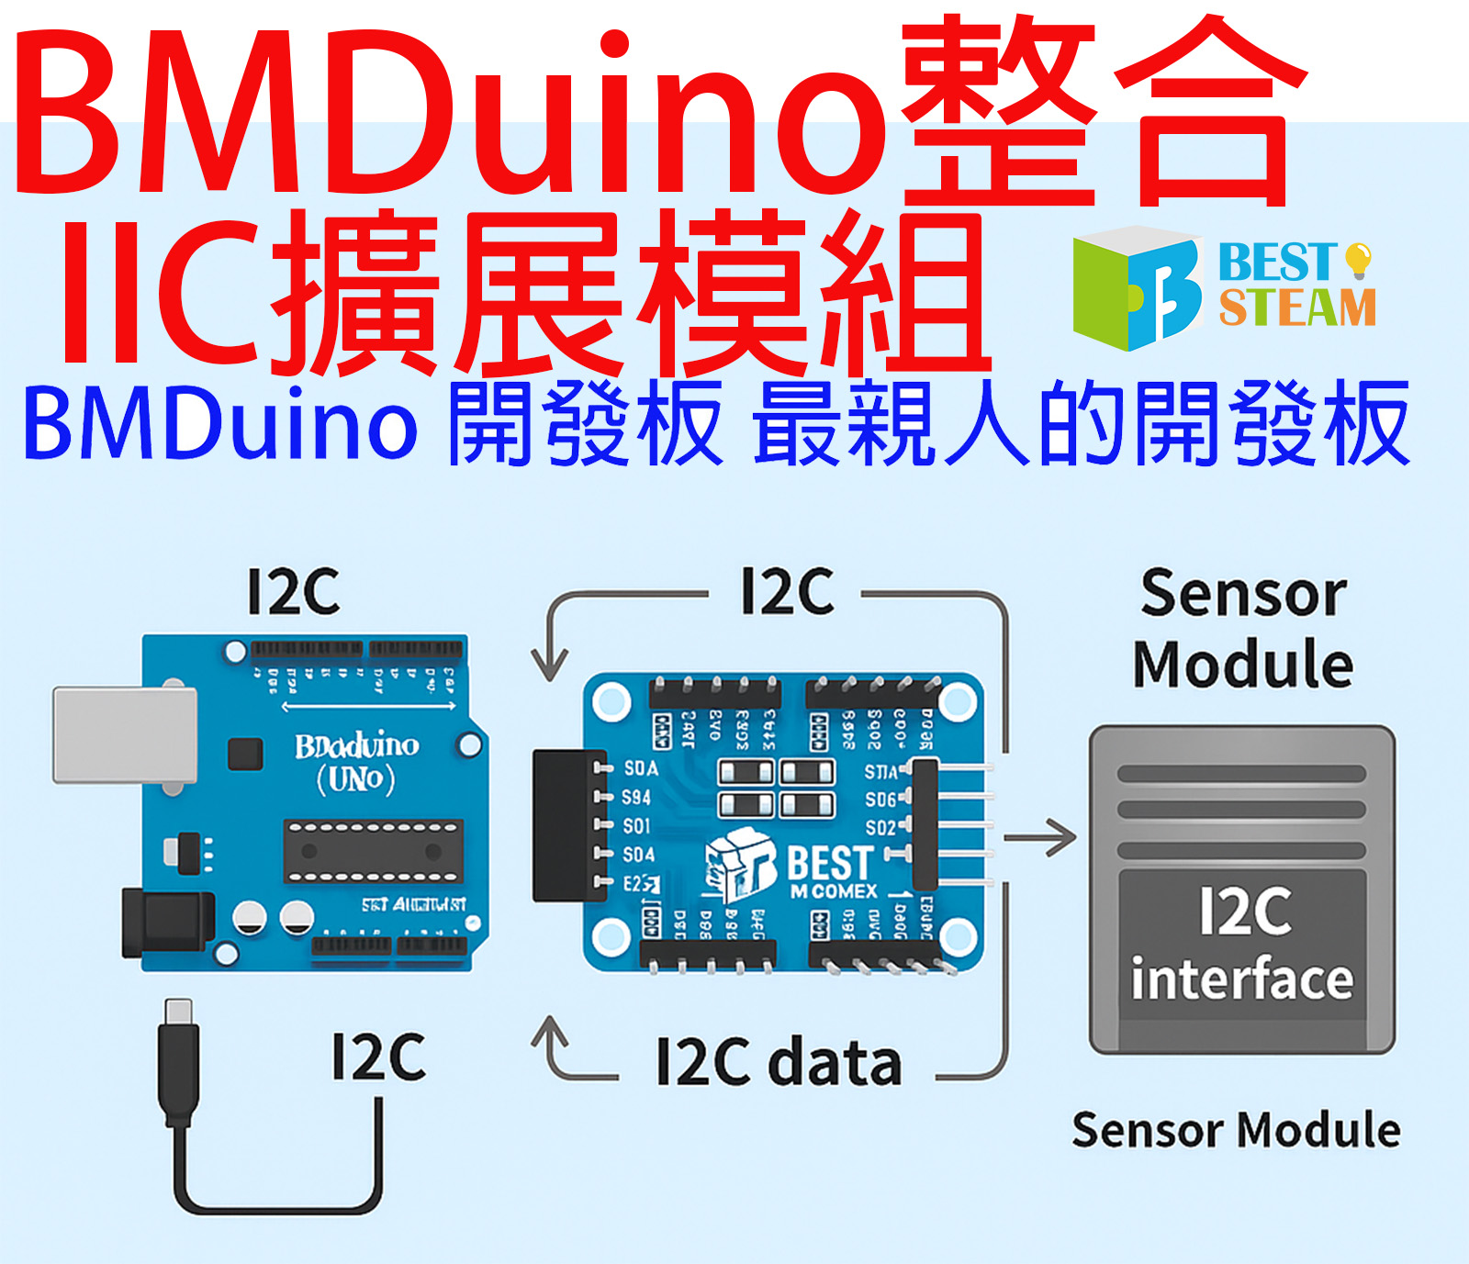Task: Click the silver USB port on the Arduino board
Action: click(125, 734)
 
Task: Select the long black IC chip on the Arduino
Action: click(372, 851)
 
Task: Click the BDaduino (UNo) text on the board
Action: click(356, 762)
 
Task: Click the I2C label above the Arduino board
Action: click(294, 592)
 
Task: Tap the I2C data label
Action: click(779, 1063)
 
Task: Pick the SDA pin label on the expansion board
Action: click(640, 767)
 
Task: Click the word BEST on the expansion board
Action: click(830, 863)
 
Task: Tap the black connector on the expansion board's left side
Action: click(564, 824)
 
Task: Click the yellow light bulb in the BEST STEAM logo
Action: click(1358, 260)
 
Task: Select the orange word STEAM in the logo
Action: click(1297, 308)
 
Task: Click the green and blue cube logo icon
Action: click(1137, 288)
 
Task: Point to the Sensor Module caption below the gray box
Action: click(1236, 1130)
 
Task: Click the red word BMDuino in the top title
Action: click(450, 115)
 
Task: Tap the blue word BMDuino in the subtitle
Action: click(220, 425)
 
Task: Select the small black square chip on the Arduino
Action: click(245, 754)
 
